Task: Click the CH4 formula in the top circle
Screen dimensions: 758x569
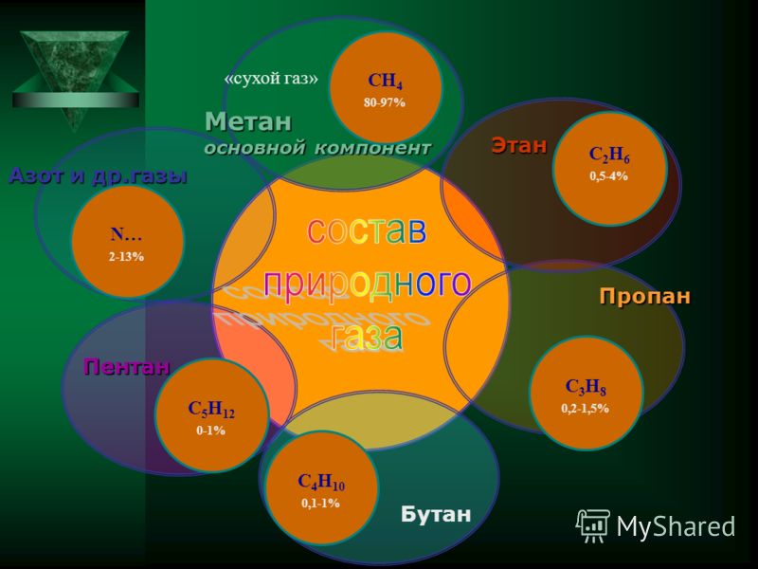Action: pyautogui.click(x=385, y=82)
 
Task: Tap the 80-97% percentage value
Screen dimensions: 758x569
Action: pyautogui.click(x=385, y=102)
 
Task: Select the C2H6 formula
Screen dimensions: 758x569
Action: pyautogui.click(x=609, y=155)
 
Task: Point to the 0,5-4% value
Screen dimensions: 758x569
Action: pyautogui.click(x=608, y=176)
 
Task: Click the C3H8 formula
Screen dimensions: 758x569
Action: pyautogui.click(x=586, y=387)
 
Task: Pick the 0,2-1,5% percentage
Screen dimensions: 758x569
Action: pyautogui.click(x=585, y=409)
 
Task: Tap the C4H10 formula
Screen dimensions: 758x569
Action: pyautogui.click(x=321, y=482)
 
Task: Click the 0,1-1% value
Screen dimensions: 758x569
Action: pyautogui.click(x=320, y=504)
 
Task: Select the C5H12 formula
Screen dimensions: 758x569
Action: pyautogui.click(x=211, y=410)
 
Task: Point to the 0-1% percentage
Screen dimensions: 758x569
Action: pyautogui.click(x=210, y=431)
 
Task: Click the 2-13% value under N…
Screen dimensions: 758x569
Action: pyautogui.click(x=126, y=257)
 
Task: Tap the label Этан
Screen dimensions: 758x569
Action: pyautogui.click(x=519, y=145)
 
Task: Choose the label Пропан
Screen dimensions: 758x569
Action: pyautogui.click(x=645, y=296)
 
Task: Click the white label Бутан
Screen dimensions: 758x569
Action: pyautogui.click(x=436, y=514)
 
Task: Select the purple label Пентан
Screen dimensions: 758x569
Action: pyautogui.click(x=127, y=366)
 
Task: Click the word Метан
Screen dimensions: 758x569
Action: pyautogui.click(x=248, y=121)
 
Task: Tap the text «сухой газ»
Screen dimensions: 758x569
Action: pyautogui.click(x=271, y=79)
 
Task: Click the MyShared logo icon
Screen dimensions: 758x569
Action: pyautogui.click(x=593, y=525)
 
